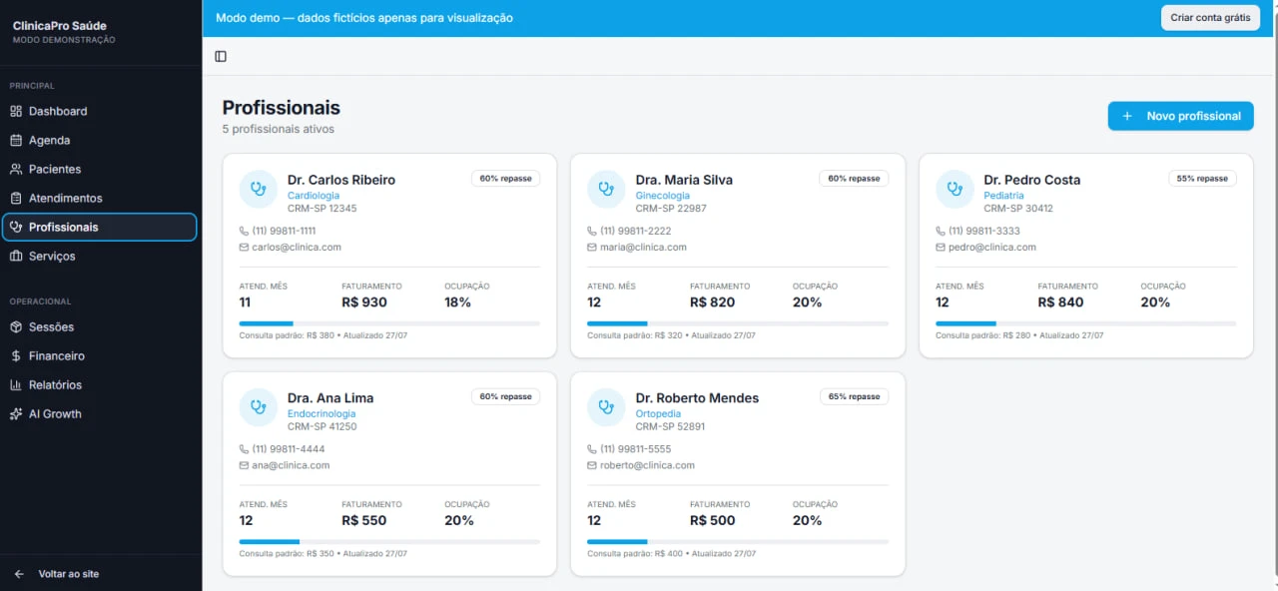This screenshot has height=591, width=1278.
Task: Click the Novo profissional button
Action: tap(1180, 116)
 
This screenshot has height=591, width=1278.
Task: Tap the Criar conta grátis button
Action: tap(1209, 18)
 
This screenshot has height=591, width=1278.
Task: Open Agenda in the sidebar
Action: tap(49, 141)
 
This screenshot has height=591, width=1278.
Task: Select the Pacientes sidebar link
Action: tap(54, 170)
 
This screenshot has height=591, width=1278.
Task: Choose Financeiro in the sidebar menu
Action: tap(57, 356)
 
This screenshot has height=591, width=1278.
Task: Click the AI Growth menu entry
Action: tap(55, 414)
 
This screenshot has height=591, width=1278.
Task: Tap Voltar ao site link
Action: tap(68, 574)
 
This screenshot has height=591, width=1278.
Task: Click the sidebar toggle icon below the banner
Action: tap(221, 57)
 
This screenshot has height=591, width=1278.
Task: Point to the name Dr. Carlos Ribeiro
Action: tap(341, 180)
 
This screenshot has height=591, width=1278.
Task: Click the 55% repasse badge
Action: tap(1202, 179)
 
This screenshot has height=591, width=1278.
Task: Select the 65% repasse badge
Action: tap(854, 396)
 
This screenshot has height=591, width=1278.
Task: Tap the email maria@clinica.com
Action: tap(643, 247)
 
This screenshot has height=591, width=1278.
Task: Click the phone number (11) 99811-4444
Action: tap(289, 449)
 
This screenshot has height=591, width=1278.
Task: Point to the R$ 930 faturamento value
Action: tap(364, 302)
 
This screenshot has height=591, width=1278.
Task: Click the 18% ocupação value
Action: tap(457, 302)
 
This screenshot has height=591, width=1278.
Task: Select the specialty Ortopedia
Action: tap(658, 413)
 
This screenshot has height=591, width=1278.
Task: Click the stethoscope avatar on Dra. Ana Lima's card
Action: tap(258, 406)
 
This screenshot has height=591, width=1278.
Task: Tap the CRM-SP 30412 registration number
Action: tap(1017, 209)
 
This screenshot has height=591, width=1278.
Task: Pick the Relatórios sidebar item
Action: tap(55, 385)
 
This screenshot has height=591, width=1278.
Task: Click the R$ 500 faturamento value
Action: tap(712, 520)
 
